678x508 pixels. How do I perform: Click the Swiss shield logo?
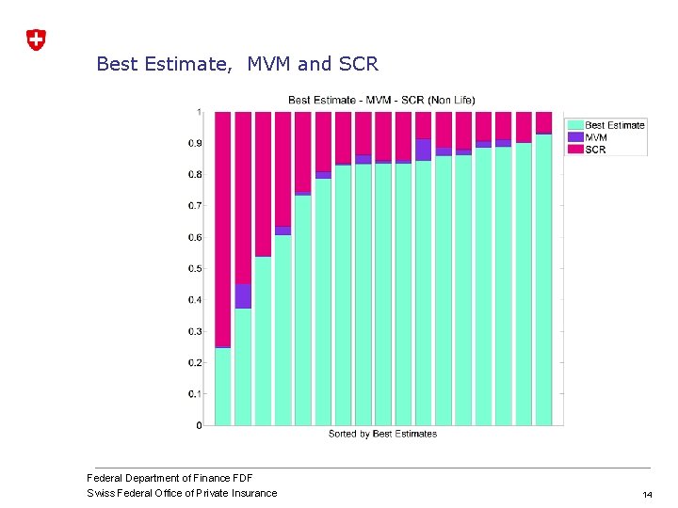[x=35, y=40]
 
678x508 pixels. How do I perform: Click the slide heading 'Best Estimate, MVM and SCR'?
[x=237, y=64]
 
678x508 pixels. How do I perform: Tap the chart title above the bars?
[x=381, y=100]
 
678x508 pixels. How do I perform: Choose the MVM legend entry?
[x=595, y=137]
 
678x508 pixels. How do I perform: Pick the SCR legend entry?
[x=595, y=150]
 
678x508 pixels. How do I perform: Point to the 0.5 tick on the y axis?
[x=195, y=269]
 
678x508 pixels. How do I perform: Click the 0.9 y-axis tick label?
[x=195, y=143]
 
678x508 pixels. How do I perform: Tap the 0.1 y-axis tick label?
[x=195, y=394]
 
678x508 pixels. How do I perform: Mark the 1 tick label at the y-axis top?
[x=199, y=112]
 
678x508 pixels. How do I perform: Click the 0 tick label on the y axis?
[x=199, y=425]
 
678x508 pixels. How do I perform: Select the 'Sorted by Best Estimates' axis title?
[x=382, y=434]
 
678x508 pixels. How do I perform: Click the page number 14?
[x=647, y=494]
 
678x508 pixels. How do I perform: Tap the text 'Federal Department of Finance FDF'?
[x=169, y=478]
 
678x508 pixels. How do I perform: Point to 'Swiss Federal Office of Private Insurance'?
[x=182, y=493]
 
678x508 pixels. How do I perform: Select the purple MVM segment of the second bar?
[x=243, y=295]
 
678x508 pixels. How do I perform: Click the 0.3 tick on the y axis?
[x=195, y=331]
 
